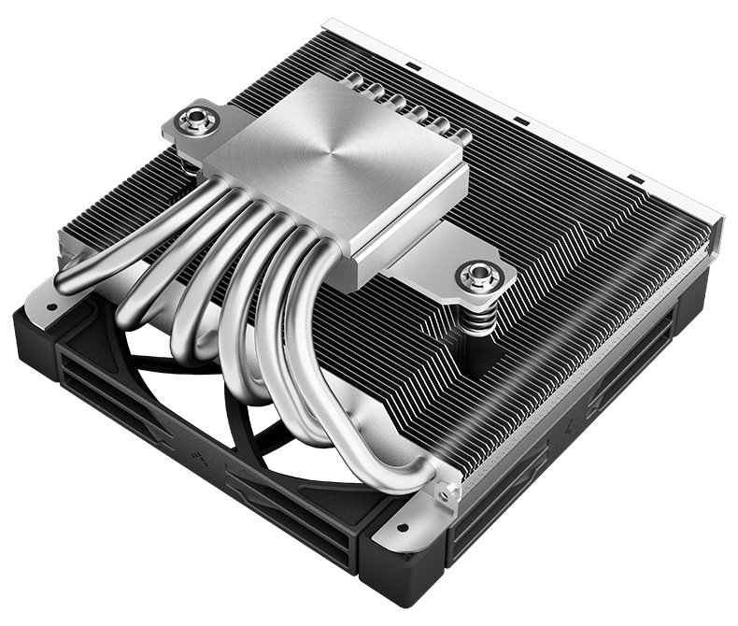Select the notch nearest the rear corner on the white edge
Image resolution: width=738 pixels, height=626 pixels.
408,66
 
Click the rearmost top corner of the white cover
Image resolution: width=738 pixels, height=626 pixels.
327,21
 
